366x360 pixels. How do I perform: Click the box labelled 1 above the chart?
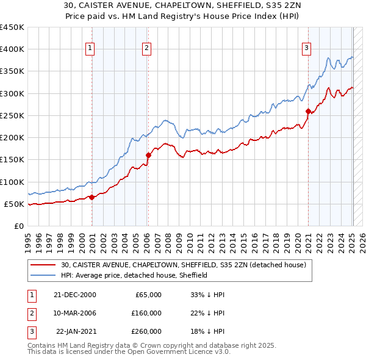pos(90,48)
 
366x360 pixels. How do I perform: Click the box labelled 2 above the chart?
pos(147,48)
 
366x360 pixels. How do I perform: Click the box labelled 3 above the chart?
pos(306,48)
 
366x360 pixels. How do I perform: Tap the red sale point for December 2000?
pos(92,197)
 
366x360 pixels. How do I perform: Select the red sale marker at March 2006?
pos(148,155)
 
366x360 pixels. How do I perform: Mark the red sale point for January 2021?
pos(309,111)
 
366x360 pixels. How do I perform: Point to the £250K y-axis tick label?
pos(12,115)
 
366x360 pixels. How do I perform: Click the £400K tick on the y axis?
pos(12,49)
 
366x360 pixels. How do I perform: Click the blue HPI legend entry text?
pos(134,275)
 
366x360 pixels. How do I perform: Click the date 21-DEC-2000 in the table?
pos(74,295)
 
